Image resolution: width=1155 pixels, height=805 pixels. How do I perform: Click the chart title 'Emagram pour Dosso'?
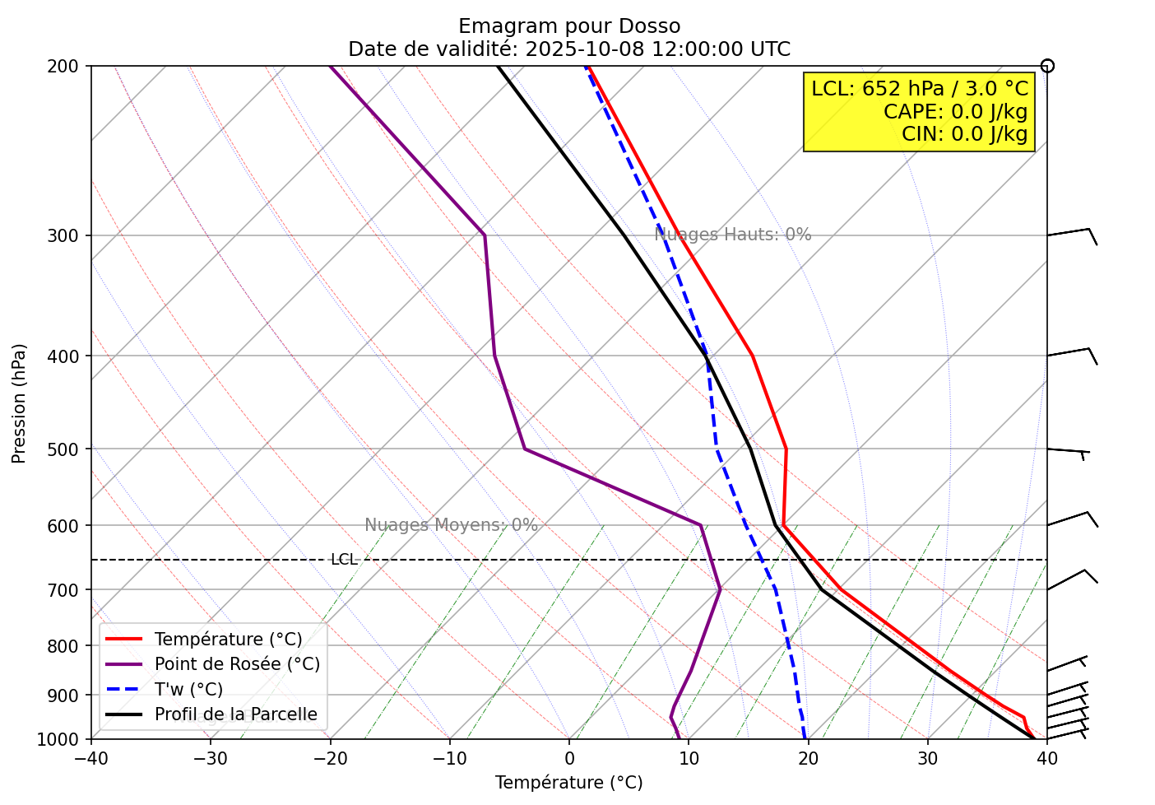click(x=569, y=26)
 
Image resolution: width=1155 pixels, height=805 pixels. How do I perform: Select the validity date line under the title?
click(x=569, y=49)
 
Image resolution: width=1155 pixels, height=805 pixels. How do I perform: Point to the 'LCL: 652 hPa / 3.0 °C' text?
click(x=920, y=89)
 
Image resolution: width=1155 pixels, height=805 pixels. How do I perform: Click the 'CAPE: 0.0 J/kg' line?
click(x=955, y=112)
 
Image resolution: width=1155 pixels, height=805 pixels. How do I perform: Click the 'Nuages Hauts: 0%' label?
click(x=733, y=235)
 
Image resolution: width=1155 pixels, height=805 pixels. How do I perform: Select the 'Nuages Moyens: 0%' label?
click(x=451, y=525)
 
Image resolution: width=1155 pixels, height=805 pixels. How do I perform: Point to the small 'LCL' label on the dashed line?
click(x=344, y=560)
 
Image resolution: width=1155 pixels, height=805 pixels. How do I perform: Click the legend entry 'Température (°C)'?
click(x=228, y=640)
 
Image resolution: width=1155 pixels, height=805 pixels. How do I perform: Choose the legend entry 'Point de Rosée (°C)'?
click(x=237, y=664)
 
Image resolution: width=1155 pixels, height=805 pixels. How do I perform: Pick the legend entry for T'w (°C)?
click(x=188, y=690)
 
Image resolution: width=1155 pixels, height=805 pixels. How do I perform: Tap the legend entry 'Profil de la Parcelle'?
click(x=235, y=714)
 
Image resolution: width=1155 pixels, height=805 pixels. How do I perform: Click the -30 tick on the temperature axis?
click(x=210, y=756)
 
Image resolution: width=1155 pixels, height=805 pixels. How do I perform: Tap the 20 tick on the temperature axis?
click(x=808, y=756)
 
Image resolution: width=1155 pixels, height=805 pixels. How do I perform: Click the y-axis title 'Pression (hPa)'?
click(x=19, y=403)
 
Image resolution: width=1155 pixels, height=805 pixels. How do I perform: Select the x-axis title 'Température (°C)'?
click(x=568, y=783)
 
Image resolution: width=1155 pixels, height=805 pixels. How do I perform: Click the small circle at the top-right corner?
click(x=1047, y=66)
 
